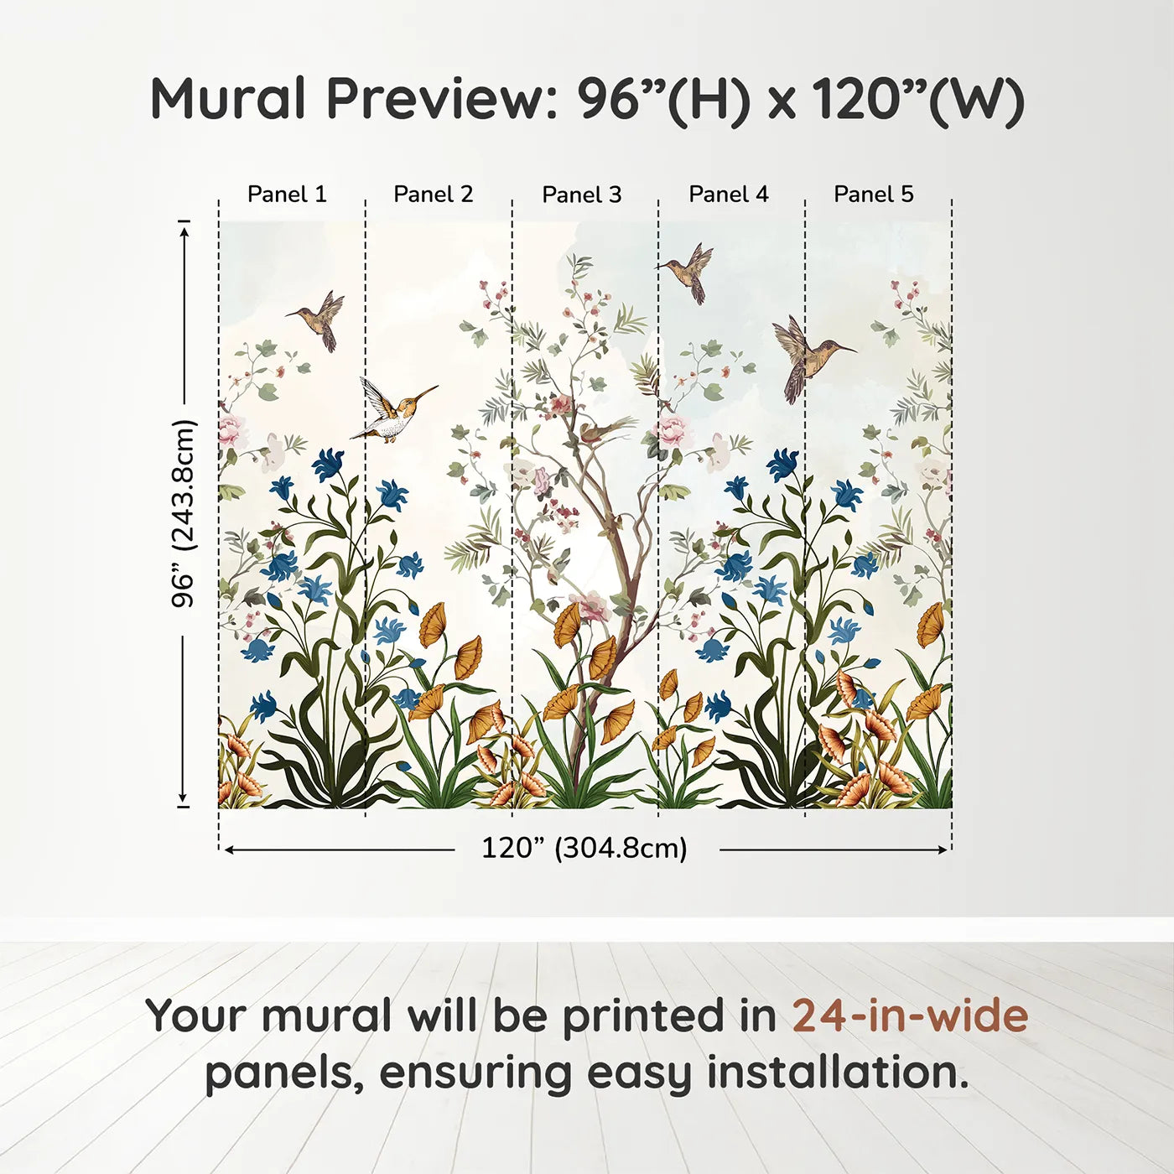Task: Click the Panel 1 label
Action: tap(287, 195)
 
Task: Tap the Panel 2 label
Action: tap(434, 195)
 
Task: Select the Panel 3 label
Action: tap(582, 195)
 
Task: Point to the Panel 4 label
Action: tap(729, 195)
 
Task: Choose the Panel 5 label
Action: tap(874, 195)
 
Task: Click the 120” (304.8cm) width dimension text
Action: tap(584, 849)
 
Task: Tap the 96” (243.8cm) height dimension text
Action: tap(184, 513)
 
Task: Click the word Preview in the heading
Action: tap(435, 99)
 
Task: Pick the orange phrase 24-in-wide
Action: tap(910, 1016)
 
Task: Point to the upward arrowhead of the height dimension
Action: tap(184, 227)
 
